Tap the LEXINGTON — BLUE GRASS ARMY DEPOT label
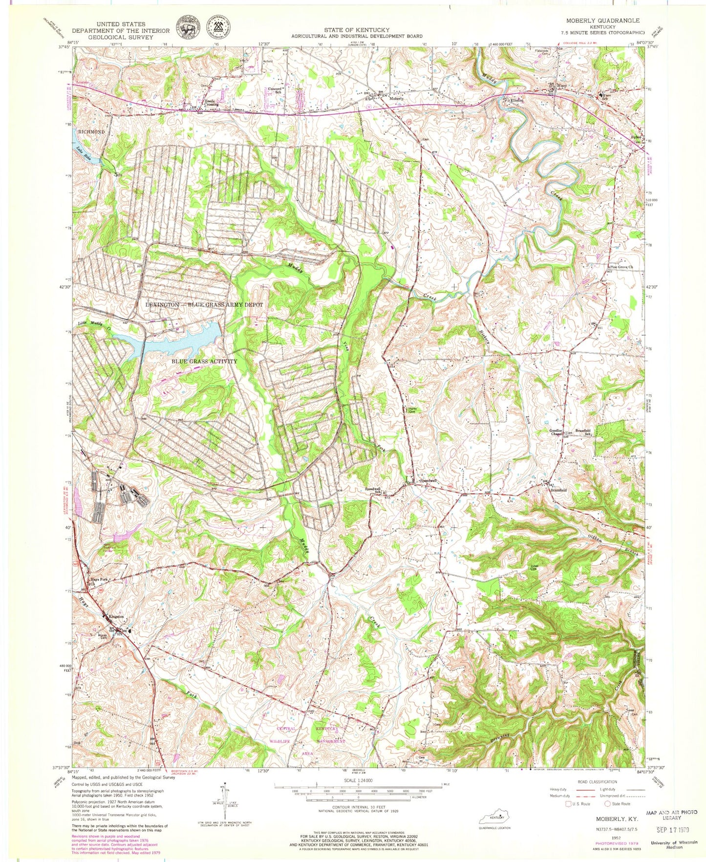pos(204,304)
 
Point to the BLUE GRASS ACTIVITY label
pos(204,361)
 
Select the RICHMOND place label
pos(91,132)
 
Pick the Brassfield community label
pos(558,490)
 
